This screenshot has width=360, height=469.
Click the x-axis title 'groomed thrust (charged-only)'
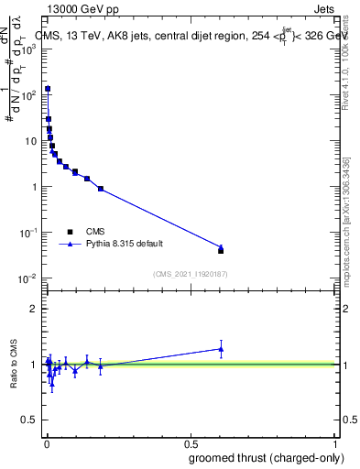[x=267, y=457]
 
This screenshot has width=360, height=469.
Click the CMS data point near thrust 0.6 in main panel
[x=221, y=250]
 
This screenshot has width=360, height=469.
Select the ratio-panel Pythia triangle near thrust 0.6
[x=221, y=348]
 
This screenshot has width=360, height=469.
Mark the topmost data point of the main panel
[x=48, y=89]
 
